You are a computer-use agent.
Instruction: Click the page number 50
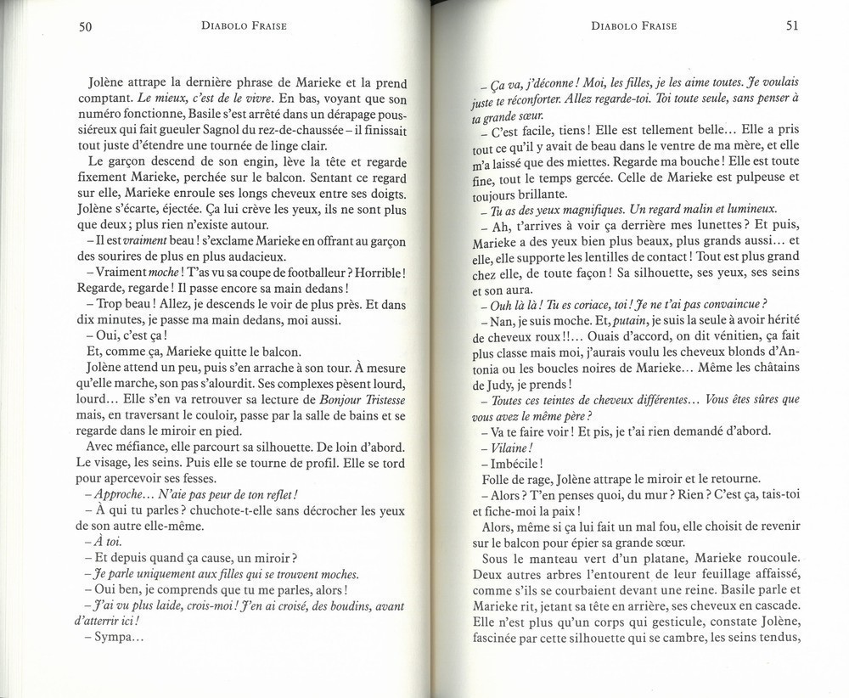click(84, 26)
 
